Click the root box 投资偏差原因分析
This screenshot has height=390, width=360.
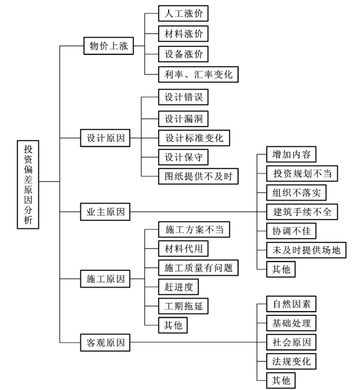[x=28, y=185]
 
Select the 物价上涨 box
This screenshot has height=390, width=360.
[x=109, y=46]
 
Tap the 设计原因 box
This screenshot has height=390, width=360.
[x=105, y=138]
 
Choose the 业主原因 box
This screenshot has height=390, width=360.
[x=105, y=212]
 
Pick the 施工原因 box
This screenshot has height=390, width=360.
[x=105, y=278]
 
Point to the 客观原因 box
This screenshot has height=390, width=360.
[x=105, y=342]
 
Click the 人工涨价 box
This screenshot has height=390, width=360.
[x=183, y=14]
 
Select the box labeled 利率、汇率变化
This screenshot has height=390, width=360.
[x=198, y=74]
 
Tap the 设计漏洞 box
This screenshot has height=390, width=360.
[x=183, y=118]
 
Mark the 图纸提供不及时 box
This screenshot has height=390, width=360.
[x=198, y=176]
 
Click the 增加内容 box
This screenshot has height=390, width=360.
[x=291, y=154]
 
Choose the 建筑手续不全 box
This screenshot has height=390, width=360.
[x=302, y=212]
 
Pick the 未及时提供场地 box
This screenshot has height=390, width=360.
[x=306, y=250]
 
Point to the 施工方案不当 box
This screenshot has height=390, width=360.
[x=194, y=230]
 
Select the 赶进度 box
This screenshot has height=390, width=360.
[x=178, y=287]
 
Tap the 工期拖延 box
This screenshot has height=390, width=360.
[x=183, y=306]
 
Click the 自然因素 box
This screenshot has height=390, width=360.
[x=291, y=304]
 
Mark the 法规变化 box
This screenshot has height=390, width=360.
[x=291, y=361]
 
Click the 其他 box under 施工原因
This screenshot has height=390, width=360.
[x=173, y=325]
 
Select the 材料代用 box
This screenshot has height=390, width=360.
[x=183, y=249]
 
